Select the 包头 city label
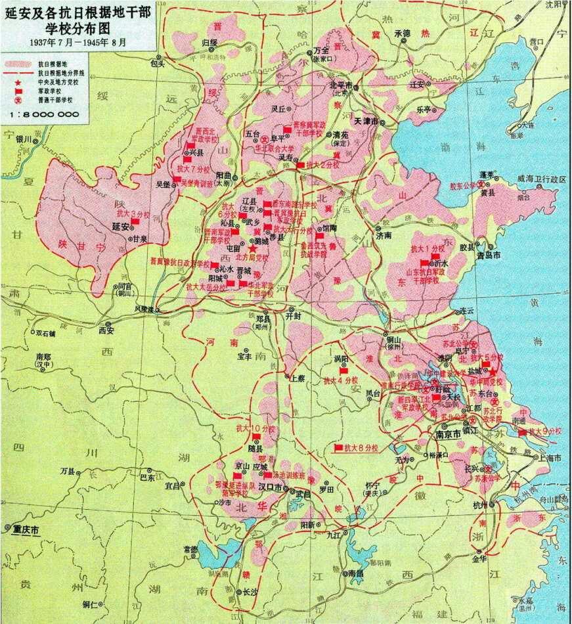[x=157, y=64]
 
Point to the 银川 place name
[x=24, y=139]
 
